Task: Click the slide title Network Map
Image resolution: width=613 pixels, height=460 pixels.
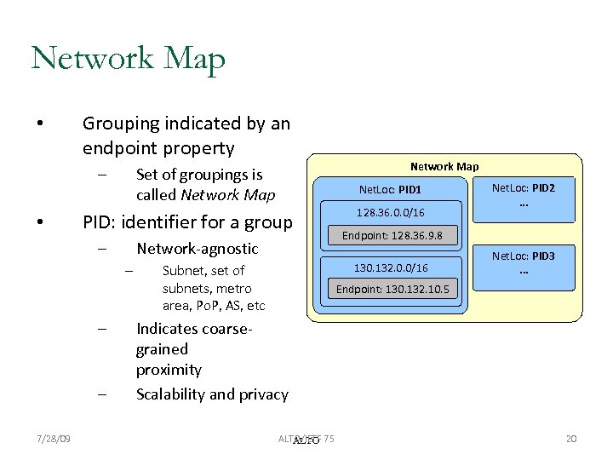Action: click(128, 60)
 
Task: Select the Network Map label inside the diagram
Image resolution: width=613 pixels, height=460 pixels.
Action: click(444, 166)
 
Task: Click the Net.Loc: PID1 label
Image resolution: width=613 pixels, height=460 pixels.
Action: click(390, 189)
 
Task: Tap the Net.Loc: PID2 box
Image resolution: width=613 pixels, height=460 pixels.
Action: click(524, 194)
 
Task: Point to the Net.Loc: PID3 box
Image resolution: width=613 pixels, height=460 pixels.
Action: click(524, 262)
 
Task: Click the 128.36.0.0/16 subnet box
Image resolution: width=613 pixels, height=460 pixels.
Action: click(391, 211)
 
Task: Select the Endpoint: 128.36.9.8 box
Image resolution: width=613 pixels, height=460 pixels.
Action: click(392, 235)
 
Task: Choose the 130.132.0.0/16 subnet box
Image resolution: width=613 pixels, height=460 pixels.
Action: click(391, 268)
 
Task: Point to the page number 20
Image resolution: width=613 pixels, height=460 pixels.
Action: click(571, 439)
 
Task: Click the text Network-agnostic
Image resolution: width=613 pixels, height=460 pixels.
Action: click(197, 249)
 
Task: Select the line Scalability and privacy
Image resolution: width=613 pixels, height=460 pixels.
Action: click(212, 394)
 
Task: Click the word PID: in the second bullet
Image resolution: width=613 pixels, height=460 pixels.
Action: click(100, 223)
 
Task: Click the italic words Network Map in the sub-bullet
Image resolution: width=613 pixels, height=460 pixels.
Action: click(227, 195)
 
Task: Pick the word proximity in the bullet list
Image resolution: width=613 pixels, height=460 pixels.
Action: click(169, 370)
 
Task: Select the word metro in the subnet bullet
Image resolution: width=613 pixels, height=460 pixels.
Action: click(234, 288)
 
